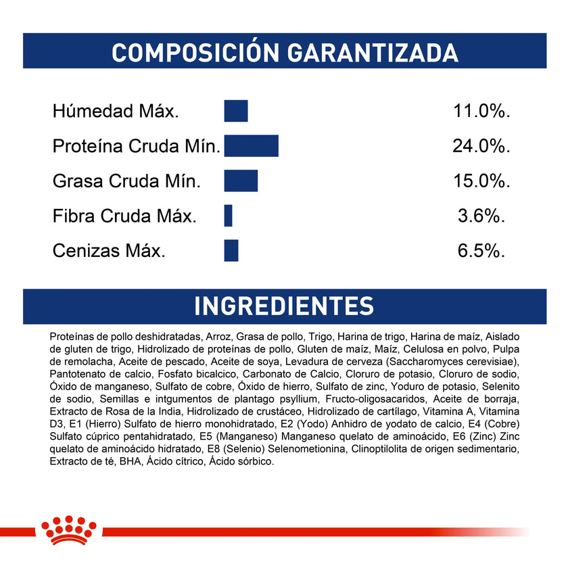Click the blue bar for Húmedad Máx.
(236, 111)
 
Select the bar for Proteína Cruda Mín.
(251, 146)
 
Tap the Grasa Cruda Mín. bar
(241, 181)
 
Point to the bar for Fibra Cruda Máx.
(229, 216)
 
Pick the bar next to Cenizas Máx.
(231, 251)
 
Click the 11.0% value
(481, 112)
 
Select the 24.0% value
(481, 147)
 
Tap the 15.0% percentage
(481, 181)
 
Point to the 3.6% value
(481, 216)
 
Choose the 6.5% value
(481, 252)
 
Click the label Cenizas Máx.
(109, 252)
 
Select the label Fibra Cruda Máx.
(124, 216)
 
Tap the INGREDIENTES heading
(284, 306)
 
